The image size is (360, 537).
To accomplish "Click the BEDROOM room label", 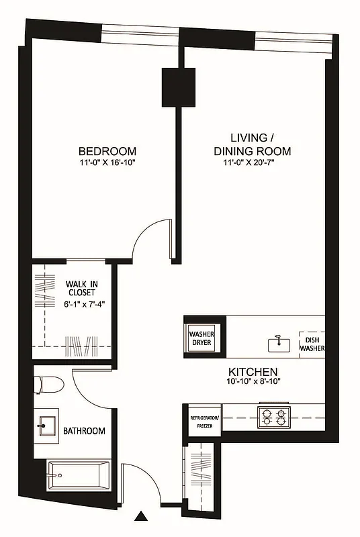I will pos(107,151).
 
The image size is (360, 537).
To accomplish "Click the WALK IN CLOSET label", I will pos(80,288).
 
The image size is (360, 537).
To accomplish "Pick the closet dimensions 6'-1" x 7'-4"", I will pos(80,303).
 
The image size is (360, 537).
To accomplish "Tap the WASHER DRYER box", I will pos(200,338).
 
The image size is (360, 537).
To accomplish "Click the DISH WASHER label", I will pos(312,344).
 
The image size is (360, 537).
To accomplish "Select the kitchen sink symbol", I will pos(276,343).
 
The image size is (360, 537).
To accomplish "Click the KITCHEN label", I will pos(253,371).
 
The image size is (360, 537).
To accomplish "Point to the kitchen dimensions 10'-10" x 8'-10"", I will pos(253,382).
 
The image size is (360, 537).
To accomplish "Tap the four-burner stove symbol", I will pos(273,417).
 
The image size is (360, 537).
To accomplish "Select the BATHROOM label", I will pos(84,431).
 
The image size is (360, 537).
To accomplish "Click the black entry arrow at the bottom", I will pos(142,516).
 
